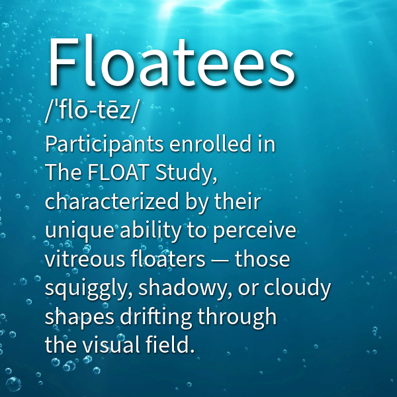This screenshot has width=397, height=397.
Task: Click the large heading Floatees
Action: pyautogui.click(x=171, y=61)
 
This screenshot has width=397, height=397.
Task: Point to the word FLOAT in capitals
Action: pyautogui.click(x=118, y=173)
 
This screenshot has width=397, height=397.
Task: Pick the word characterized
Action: pyautogui.click(x=112, y=201)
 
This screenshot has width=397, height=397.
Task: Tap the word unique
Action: pyautogui.click(x=79, y=231)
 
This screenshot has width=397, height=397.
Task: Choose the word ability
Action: pyautogui.click(x=151, y=231)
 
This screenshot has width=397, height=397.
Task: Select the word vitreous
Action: pyautogui.click(x=85, y=259)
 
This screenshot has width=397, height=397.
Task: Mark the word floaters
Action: pyautogui.click(x=168, y=259)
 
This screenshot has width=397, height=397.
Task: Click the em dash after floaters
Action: pyautogui.click(x=220, y=260)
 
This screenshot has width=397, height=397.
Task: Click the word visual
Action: pyautogui.click(x=111, y=345)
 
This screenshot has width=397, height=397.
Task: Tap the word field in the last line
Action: pyautogui.click(x=170, y=344)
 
